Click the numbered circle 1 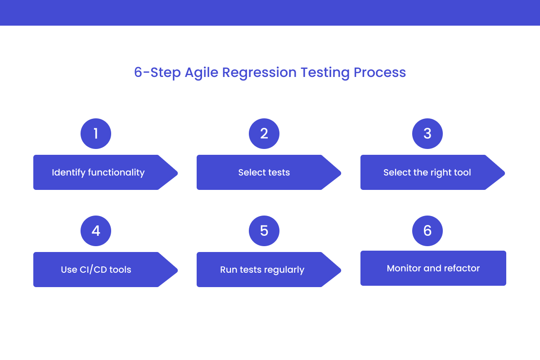(95, 134)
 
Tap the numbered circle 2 (264, 134)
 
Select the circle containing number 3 (427, 134)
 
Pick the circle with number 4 (95, 231)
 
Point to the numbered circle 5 (264, 231)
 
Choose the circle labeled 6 (427, 231)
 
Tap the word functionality (116, 172)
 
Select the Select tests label (264, 172)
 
